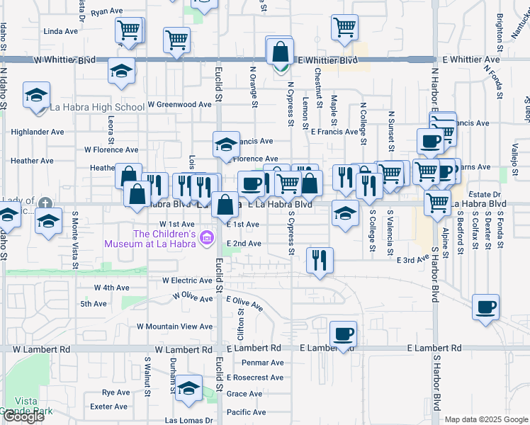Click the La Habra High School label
tap(97, 108)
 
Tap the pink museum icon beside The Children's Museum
tap(206, 238)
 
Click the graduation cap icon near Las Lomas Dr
tap(188, 390)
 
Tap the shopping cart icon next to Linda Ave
tap(129, 31)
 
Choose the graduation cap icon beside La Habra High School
tap(37, 96)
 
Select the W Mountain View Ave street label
tap(174, 327)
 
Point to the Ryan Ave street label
tap(108, 12)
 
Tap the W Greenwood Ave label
tap(179, 104)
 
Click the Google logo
tap(23, 416)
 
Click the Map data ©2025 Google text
tap(486, 419)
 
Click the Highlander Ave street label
tap(38, 132)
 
